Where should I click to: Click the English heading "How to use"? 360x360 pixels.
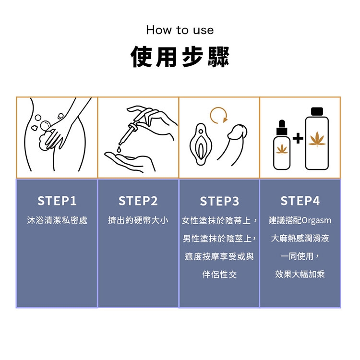click(x=180, y=30)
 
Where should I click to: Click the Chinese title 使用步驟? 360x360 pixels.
click(x=180, y=57)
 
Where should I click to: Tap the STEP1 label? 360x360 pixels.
click(x=57, y=201)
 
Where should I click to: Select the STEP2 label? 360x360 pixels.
click(x=138, y=201)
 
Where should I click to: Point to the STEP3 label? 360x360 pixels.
click(x=219, y=201)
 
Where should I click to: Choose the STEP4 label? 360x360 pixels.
click(x=300, y=201)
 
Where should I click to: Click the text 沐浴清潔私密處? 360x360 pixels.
click(x=57, y=220)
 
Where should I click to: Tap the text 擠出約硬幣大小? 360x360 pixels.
click(x=138, y=220)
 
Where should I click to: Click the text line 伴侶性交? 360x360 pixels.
click(x=219, y=275)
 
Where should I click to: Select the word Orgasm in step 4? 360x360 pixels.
click(x=316, y=221)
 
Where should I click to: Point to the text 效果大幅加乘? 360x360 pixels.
click(x=300, y=274)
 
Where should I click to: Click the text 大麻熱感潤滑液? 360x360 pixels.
click(x=300, y=238)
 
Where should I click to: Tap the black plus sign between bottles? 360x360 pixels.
click(x=298, y=138)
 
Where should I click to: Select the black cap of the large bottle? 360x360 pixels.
click(x=317, y=111)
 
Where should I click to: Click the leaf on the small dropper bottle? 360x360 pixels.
click(x=282, y=149)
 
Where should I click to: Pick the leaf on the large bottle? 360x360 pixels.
click(x=317, y=139)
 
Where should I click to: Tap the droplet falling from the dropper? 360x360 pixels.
click(x=119, y=149)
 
